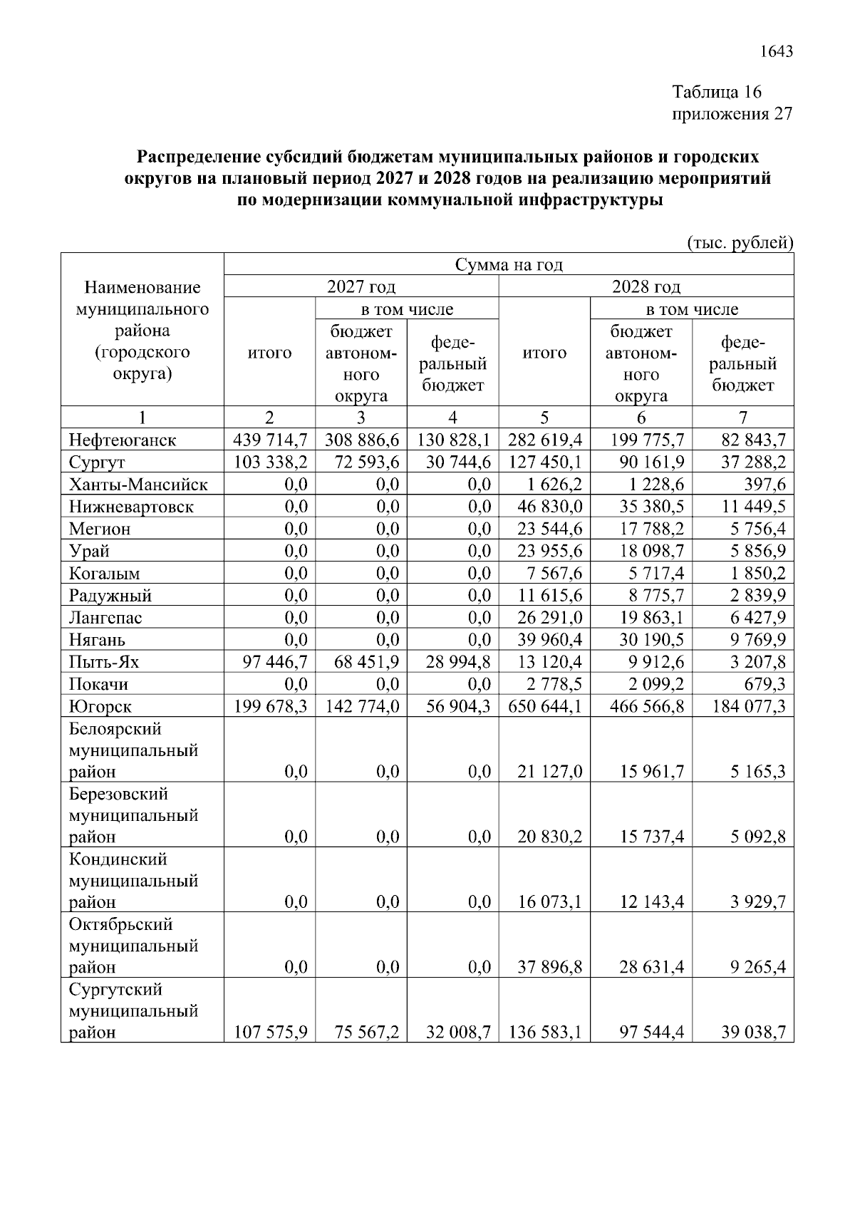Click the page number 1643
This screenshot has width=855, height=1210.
click(x=776, y=51)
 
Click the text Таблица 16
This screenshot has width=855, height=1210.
click(x=717, y=92)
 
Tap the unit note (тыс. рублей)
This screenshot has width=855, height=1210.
click(x=740, y=242)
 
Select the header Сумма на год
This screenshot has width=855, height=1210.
click(x=509, y=265)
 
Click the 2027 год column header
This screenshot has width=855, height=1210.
click(x=361, y=286)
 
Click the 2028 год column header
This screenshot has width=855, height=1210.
click(x=646, y=286)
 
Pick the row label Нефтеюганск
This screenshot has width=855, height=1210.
click(x=123, y=440)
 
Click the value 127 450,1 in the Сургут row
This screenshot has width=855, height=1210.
click(x=545, y=462)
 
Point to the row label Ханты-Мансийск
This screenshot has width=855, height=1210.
click(x=138, y=485)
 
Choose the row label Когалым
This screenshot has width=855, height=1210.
click(x=104, y=574)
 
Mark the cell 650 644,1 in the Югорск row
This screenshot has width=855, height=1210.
click(x=545, y=706)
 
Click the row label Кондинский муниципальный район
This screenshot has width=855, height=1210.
click(x=133, y=881)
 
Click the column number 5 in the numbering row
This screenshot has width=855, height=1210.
click(x=544, y=418)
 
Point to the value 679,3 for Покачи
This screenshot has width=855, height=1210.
click(x=767, y=684)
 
